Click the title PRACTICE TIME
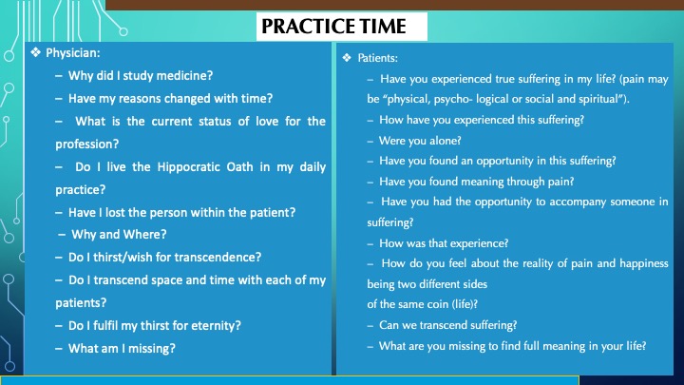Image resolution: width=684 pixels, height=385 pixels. pyautogui.click(x=333, y=27)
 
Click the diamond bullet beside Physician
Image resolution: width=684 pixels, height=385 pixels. pyautogui.click(x=35, y=53)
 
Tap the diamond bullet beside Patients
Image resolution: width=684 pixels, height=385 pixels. pyautogui.click(x=347, y=58)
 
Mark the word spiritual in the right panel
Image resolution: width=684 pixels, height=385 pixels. pyautogui.click(x=598, y=99)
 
